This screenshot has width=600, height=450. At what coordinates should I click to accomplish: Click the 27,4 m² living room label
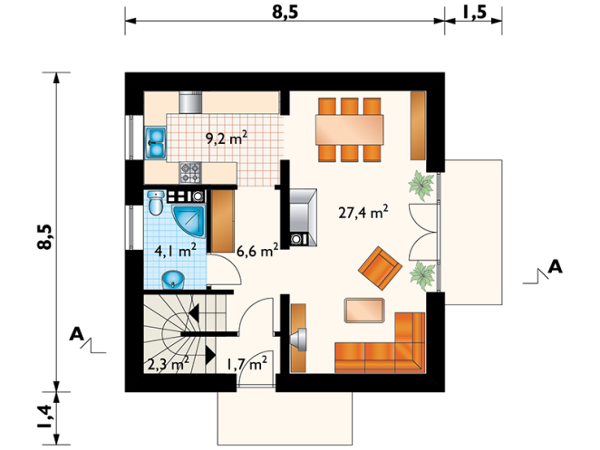(363, 212)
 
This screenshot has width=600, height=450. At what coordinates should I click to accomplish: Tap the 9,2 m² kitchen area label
(227, 138)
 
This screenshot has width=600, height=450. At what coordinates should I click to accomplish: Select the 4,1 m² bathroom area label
(176, 251)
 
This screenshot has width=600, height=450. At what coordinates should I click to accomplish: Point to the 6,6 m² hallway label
(257, 251)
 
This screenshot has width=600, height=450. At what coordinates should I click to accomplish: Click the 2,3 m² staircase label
(168, 364)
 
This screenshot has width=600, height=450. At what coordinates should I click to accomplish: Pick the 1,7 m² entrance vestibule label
(247, 364)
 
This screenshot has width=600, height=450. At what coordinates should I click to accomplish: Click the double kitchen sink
(155, 143)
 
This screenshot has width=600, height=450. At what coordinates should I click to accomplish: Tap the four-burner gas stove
(190, 172)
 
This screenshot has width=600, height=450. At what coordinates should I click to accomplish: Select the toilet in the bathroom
(156, 203)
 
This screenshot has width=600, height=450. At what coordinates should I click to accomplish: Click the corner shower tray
(189, 222)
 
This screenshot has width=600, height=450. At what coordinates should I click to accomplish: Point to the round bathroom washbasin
(173, 280)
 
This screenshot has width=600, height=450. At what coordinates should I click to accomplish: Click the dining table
(349, 129)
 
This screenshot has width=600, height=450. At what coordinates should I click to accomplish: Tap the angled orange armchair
(380, 268)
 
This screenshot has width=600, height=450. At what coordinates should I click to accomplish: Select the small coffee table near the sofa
(364, 311)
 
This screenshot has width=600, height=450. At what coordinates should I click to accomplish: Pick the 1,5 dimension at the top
(474, 13)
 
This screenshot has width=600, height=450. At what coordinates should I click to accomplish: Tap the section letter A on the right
(556, 267)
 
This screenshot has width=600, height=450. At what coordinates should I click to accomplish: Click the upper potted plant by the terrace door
(421, 186)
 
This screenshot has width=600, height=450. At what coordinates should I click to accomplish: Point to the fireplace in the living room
(303, 217)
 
